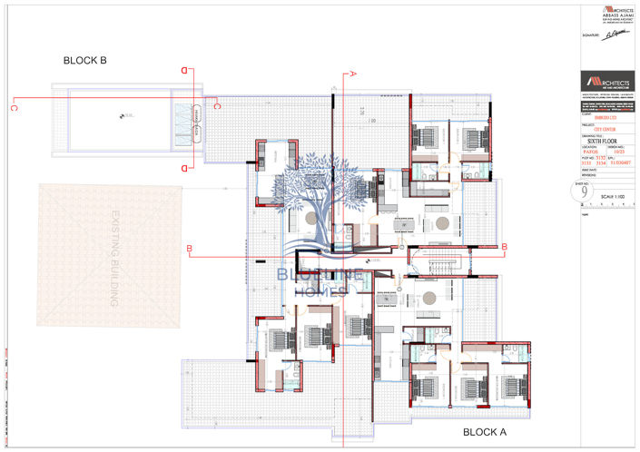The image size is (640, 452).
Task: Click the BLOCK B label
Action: point(84,61)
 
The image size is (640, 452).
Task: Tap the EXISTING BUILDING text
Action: point(116,258)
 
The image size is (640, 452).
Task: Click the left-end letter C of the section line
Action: point(14,108)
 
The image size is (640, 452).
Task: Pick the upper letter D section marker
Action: point(185,70)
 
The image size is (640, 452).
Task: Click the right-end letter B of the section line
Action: point(504,247)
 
